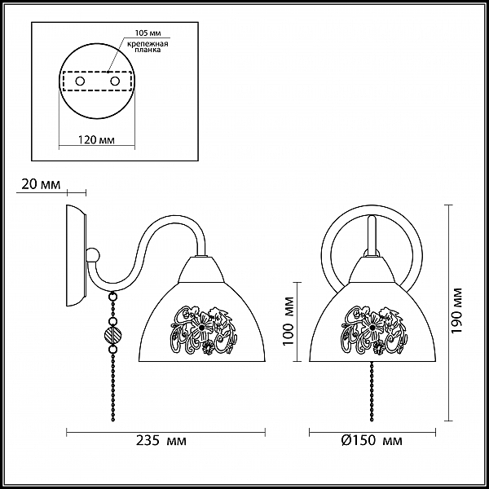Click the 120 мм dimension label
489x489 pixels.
(x=96, y=139)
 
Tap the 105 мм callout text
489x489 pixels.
(x=148, y=33)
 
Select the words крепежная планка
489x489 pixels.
(x=148, y=46)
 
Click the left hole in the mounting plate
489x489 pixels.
(x=80, y=81)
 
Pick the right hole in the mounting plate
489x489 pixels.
(x=115, y=81)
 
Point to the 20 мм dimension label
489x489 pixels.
(x=41, y=184)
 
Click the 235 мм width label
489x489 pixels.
(x=161, y=441)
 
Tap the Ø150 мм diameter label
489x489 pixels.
(x=372, y=441)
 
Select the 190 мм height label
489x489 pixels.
(x=456, y=311)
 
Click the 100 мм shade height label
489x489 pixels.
(x=289, y=321)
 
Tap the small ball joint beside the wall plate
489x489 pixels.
(x=93, y=255)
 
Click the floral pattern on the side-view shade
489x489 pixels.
(x=203, y=330)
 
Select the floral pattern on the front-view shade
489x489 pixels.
(x=373, y=330)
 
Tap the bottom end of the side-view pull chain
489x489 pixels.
(x=113, y=421)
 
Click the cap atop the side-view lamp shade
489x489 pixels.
(x=200, y=270)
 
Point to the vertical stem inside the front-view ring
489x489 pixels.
(x=372, y=236)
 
